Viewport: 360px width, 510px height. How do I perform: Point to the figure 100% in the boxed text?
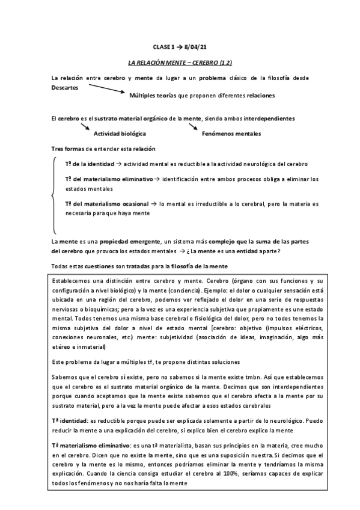pyautogui.click(x=217, y=475)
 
